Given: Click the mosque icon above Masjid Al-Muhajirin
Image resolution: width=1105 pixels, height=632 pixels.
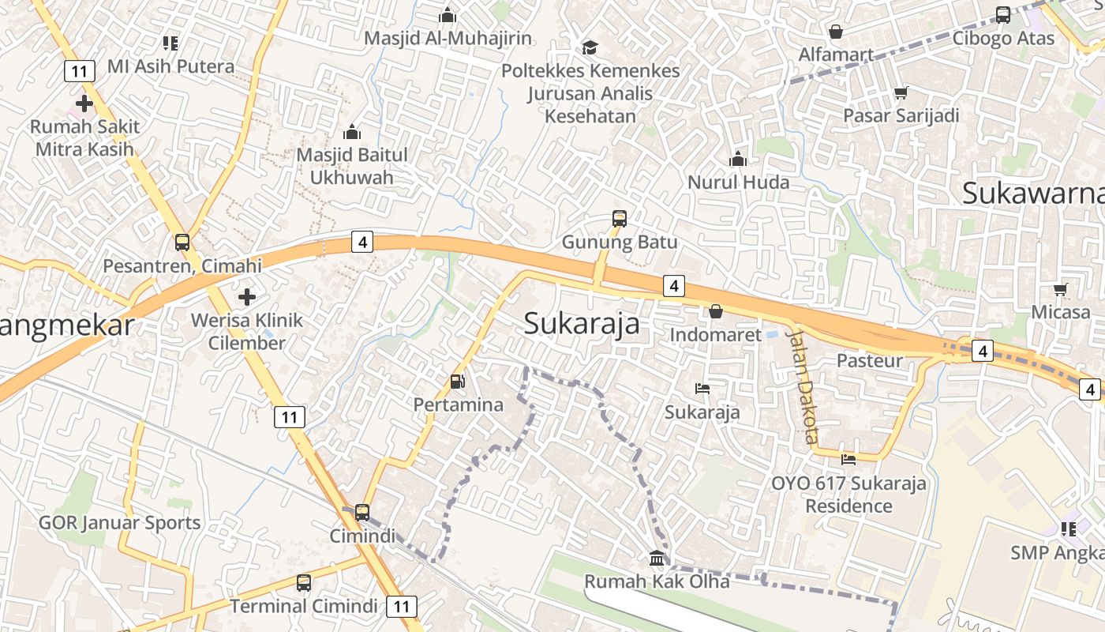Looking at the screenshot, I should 448,15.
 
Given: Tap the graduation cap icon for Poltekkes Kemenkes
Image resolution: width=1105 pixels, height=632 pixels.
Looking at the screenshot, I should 590,48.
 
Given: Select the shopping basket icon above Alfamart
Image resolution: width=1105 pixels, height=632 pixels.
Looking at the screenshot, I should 835,32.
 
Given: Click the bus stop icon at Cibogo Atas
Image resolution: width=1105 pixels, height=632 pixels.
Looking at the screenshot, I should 1002,14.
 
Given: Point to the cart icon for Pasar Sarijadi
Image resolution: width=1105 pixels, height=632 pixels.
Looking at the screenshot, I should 901,92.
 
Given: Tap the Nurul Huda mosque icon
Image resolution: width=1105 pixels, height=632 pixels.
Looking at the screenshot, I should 738,160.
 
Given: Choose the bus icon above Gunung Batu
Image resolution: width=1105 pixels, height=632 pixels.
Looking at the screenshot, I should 620,219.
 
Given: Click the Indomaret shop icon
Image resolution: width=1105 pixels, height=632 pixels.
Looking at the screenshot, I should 716,311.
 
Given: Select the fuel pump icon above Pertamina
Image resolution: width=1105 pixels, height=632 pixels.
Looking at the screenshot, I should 457,382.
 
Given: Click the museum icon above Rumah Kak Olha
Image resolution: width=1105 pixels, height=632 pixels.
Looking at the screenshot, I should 656,559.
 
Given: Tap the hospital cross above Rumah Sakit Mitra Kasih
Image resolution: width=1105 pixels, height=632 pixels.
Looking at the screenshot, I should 84,103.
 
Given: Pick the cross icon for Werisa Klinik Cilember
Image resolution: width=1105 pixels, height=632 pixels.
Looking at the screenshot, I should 247,297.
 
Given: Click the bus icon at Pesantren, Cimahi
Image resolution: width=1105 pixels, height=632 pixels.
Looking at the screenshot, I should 182,243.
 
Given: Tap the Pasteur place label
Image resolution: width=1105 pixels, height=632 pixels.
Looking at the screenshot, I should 869,361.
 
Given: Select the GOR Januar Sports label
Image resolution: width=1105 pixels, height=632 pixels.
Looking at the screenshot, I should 119,522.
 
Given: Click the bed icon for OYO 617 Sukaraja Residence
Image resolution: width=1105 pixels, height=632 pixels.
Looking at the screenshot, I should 848,459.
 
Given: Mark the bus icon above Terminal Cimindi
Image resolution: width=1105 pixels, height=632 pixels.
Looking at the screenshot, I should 304,583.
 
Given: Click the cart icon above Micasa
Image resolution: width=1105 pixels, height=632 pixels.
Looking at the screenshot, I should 1060,289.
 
